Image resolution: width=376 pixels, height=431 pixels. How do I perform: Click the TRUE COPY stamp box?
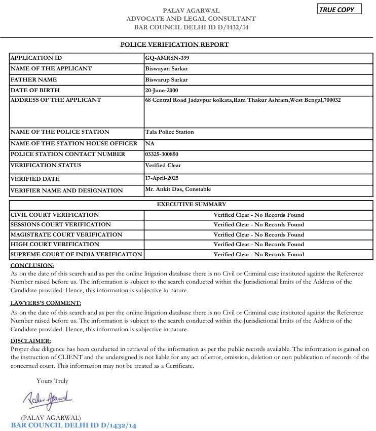[x=339, y=10]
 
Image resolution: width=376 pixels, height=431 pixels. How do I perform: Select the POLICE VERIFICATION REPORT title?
[x=174, y=45]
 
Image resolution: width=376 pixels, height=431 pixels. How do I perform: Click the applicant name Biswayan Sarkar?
[x=167, y=68]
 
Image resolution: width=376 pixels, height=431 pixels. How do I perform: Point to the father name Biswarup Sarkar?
[x=166, y=80]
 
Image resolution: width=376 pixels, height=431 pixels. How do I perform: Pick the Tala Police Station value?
[x=169, y=132]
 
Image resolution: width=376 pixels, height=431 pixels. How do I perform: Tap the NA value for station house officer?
[x=149, y=143]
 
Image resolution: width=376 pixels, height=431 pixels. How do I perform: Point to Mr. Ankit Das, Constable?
[x=178, y=189]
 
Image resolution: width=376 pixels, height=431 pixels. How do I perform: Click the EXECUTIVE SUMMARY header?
[x=192, y=205]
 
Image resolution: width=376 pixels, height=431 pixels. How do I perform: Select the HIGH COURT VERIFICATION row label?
[x=48, y=244]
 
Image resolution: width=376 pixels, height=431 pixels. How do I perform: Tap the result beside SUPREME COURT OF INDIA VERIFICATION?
[x=258, y=254]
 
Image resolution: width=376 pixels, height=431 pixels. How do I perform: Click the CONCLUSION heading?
[x=32, y=265]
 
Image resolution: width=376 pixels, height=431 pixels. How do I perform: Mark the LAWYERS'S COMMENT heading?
[x=46, y=303]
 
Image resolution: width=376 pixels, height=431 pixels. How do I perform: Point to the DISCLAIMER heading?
[x=31, y=341]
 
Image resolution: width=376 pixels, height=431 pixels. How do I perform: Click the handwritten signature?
[x=48, y=399]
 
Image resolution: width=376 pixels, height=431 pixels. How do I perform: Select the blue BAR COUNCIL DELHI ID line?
[x=74, y=425]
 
